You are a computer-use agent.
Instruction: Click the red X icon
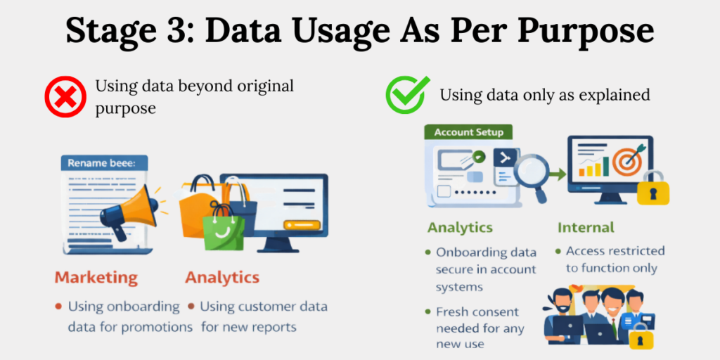[65, 96]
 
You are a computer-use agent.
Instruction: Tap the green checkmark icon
[406, 94]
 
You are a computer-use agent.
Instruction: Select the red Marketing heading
[97, 277]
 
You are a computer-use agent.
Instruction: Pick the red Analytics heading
[222, 277]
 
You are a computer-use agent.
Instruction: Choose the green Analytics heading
[460, 228]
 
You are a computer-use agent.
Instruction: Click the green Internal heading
[586, 228]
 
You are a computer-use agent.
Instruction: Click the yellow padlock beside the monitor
[652, 188]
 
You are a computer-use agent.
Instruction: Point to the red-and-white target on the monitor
[625, 162]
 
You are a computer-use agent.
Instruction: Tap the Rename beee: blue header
[103, 163]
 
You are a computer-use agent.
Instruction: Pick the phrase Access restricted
[615, 251]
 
